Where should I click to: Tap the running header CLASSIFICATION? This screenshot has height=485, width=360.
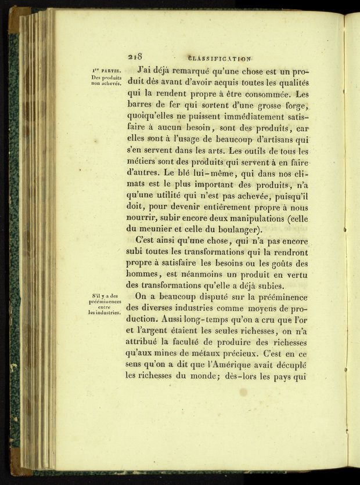pyautogui.click(x=219, y=59)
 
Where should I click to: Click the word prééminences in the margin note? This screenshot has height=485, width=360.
pyautogui.click(x=105, y=302)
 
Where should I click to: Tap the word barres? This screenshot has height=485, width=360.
pyautogui.click(x=142, y=106)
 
